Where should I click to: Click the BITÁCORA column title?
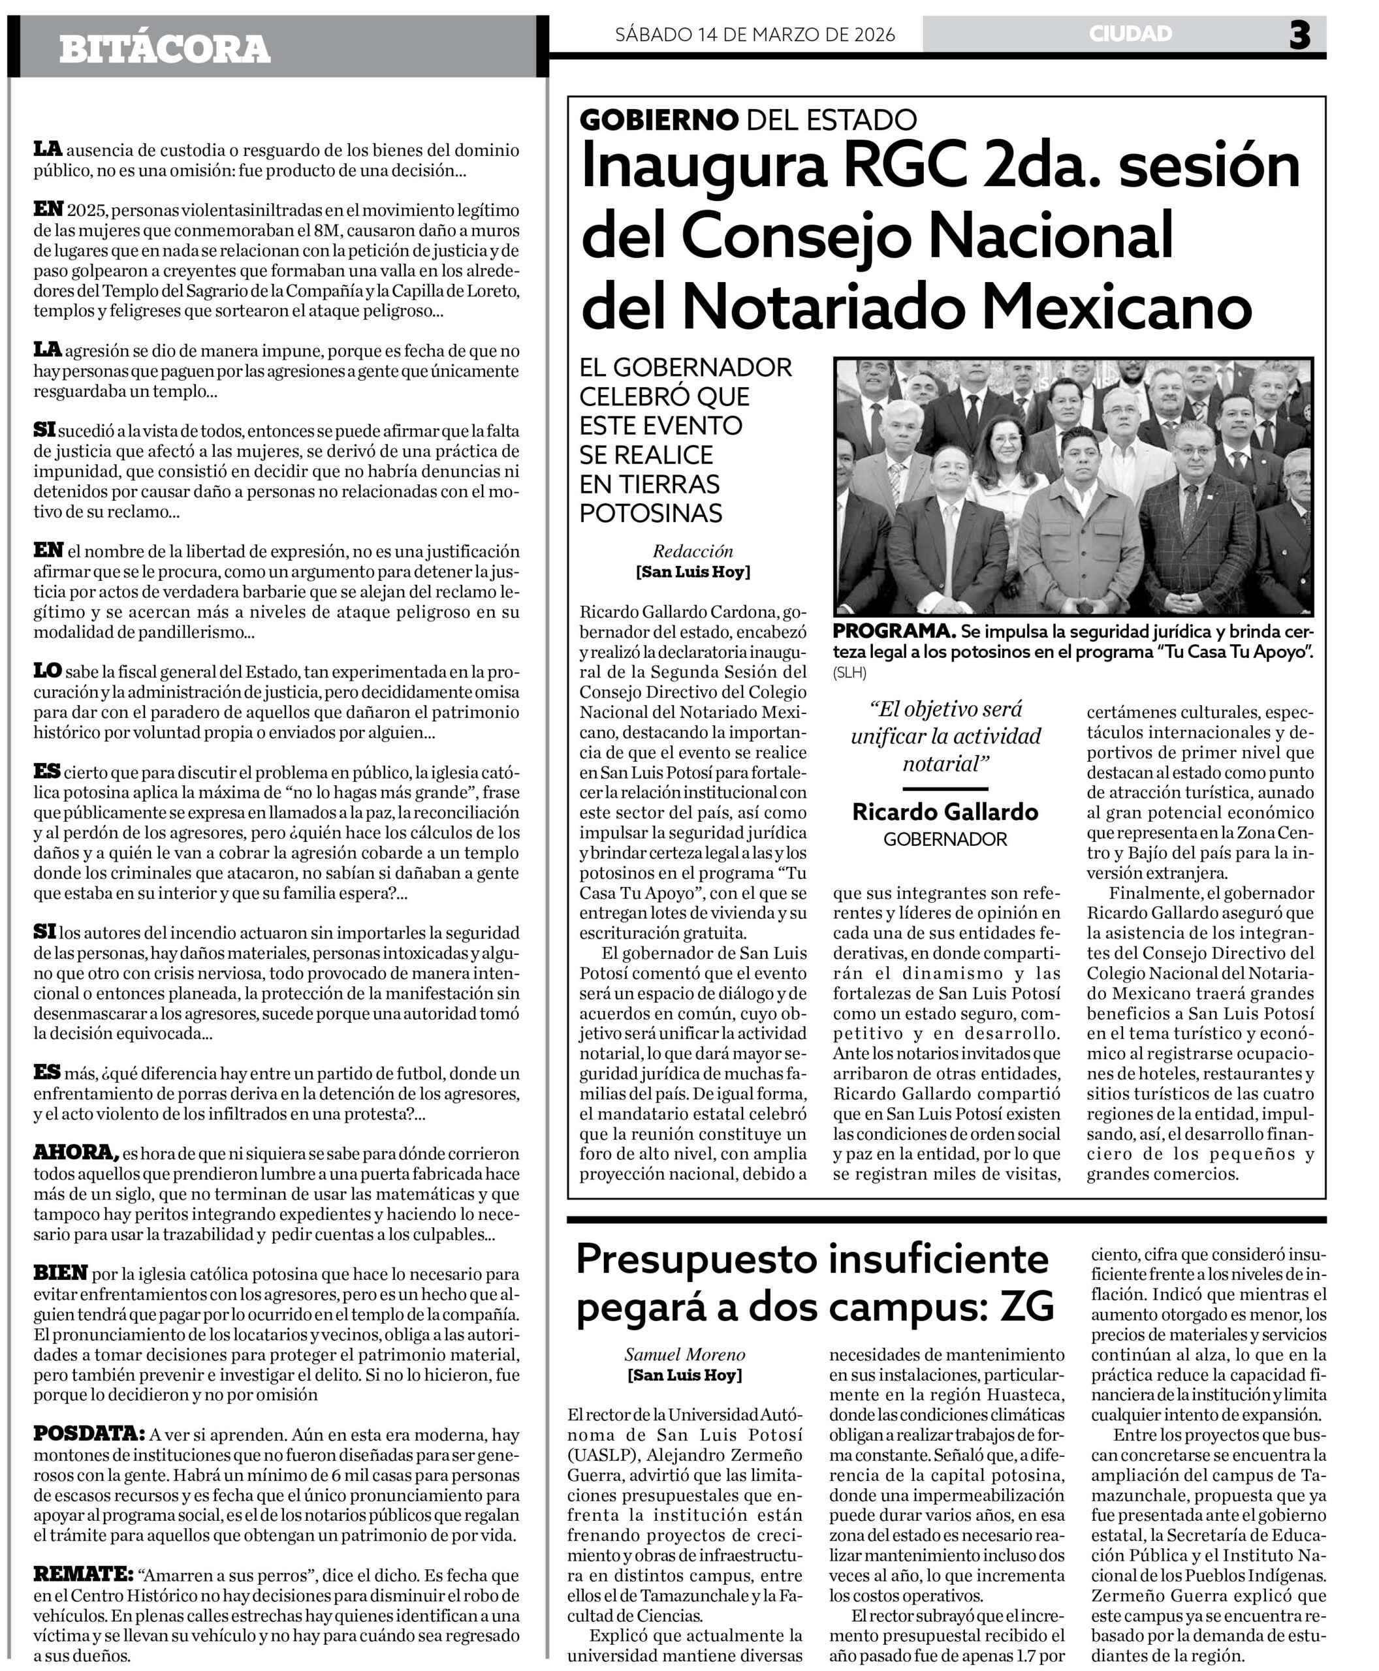(165, 49)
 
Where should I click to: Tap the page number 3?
(1299, 35)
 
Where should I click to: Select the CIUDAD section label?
(1130, 34)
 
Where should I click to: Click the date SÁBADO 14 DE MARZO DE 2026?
(755, 34)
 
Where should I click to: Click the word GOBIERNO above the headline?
(659, 120)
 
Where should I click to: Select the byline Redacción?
(693, 551)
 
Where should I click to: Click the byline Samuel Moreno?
(685, 1354)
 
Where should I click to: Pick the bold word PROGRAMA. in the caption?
(894, 631)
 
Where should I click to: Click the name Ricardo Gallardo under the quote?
(945, 811)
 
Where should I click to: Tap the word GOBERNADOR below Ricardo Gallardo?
(945, 839)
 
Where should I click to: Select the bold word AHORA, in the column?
(76, 1151)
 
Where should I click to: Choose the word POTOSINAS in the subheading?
(650, 513)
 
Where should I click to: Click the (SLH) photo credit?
(850, 673)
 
